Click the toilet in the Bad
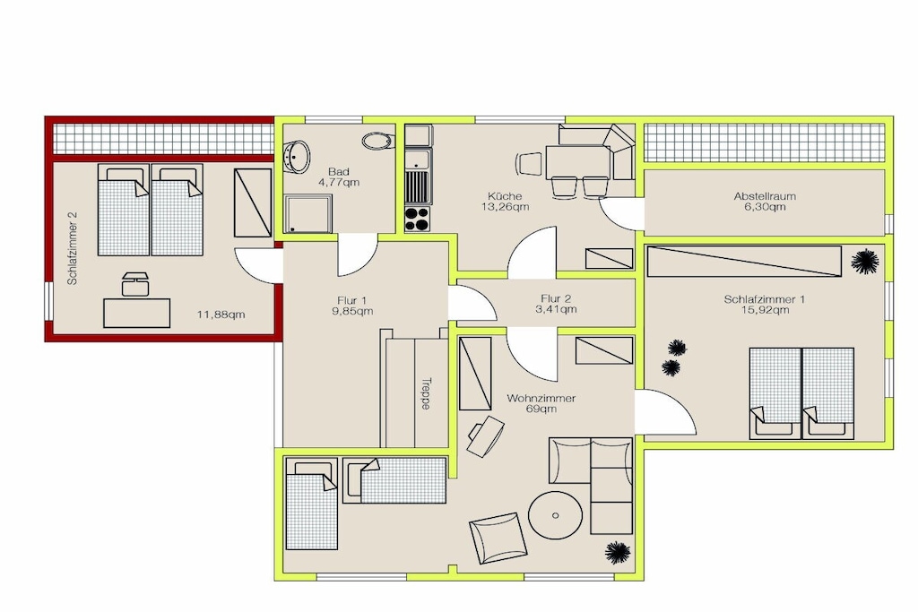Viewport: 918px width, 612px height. pyautogui.click(x=379, y=141)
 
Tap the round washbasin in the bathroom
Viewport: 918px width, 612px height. pyautogui.click(x=297, y=156)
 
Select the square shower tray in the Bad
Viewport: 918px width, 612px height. pyautogui.click(x=308, y=214)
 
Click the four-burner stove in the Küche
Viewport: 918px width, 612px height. pyautogui.click(x=418, y=220)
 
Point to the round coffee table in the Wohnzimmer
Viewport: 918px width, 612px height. pyautogui.click(x=555, y=515)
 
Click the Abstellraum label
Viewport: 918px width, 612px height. pyautogui.click(x=765, y=196)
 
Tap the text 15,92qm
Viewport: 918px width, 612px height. pyautogui.click(x=765, y=310)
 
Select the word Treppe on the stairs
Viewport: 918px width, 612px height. pyautogui.click(x=426, y=393)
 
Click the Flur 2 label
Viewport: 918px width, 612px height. pyautogui.click(x=556, y=298)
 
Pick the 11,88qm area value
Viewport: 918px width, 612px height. pyautogui.click(x=221, y=315)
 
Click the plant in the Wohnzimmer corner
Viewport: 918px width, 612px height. pyautogui.click(x=617, y=552)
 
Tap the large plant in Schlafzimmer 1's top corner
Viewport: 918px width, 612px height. pyautogui.click(x=865, y=261)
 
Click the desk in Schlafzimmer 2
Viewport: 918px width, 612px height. pyautogui.click(x=137, y=313)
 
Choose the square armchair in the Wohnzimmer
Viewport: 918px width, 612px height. pyautogui.click(x=498, y=538)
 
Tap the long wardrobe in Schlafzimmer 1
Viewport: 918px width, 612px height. pyautogui.click(x=744, y=261)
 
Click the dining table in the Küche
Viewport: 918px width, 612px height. pyautogui.click(x=578, y=162)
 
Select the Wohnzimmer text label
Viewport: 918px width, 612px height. pyautogui.click(x=541, y=399)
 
